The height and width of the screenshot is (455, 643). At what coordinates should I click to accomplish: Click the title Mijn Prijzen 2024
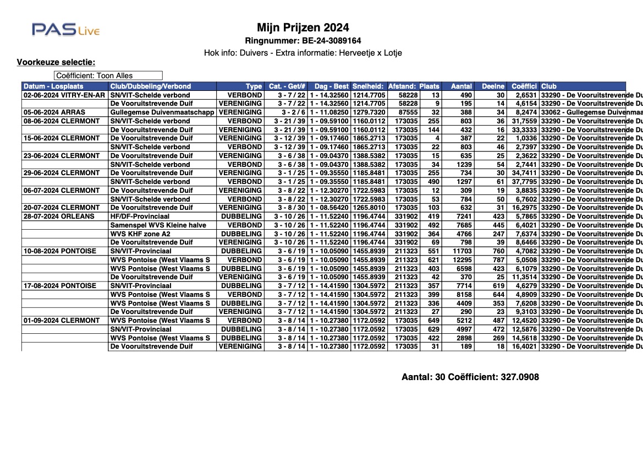303,28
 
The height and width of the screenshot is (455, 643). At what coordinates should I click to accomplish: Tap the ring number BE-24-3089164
303,41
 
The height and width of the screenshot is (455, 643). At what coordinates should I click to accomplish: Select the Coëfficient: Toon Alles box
108,75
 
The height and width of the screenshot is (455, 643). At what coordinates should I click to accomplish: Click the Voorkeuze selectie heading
56,62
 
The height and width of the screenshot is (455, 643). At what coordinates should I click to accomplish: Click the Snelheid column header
369,86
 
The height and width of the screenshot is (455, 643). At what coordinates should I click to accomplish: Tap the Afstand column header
403,86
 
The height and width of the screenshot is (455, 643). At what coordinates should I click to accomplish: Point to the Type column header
254,86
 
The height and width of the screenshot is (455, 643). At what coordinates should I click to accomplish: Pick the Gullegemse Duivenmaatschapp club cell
162,112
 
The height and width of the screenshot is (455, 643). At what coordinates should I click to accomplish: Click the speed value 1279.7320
369,112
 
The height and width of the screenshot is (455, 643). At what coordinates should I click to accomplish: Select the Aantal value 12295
461,260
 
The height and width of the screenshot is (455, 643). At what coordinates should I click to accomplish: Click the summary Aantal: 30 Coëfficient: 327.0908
470,377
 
